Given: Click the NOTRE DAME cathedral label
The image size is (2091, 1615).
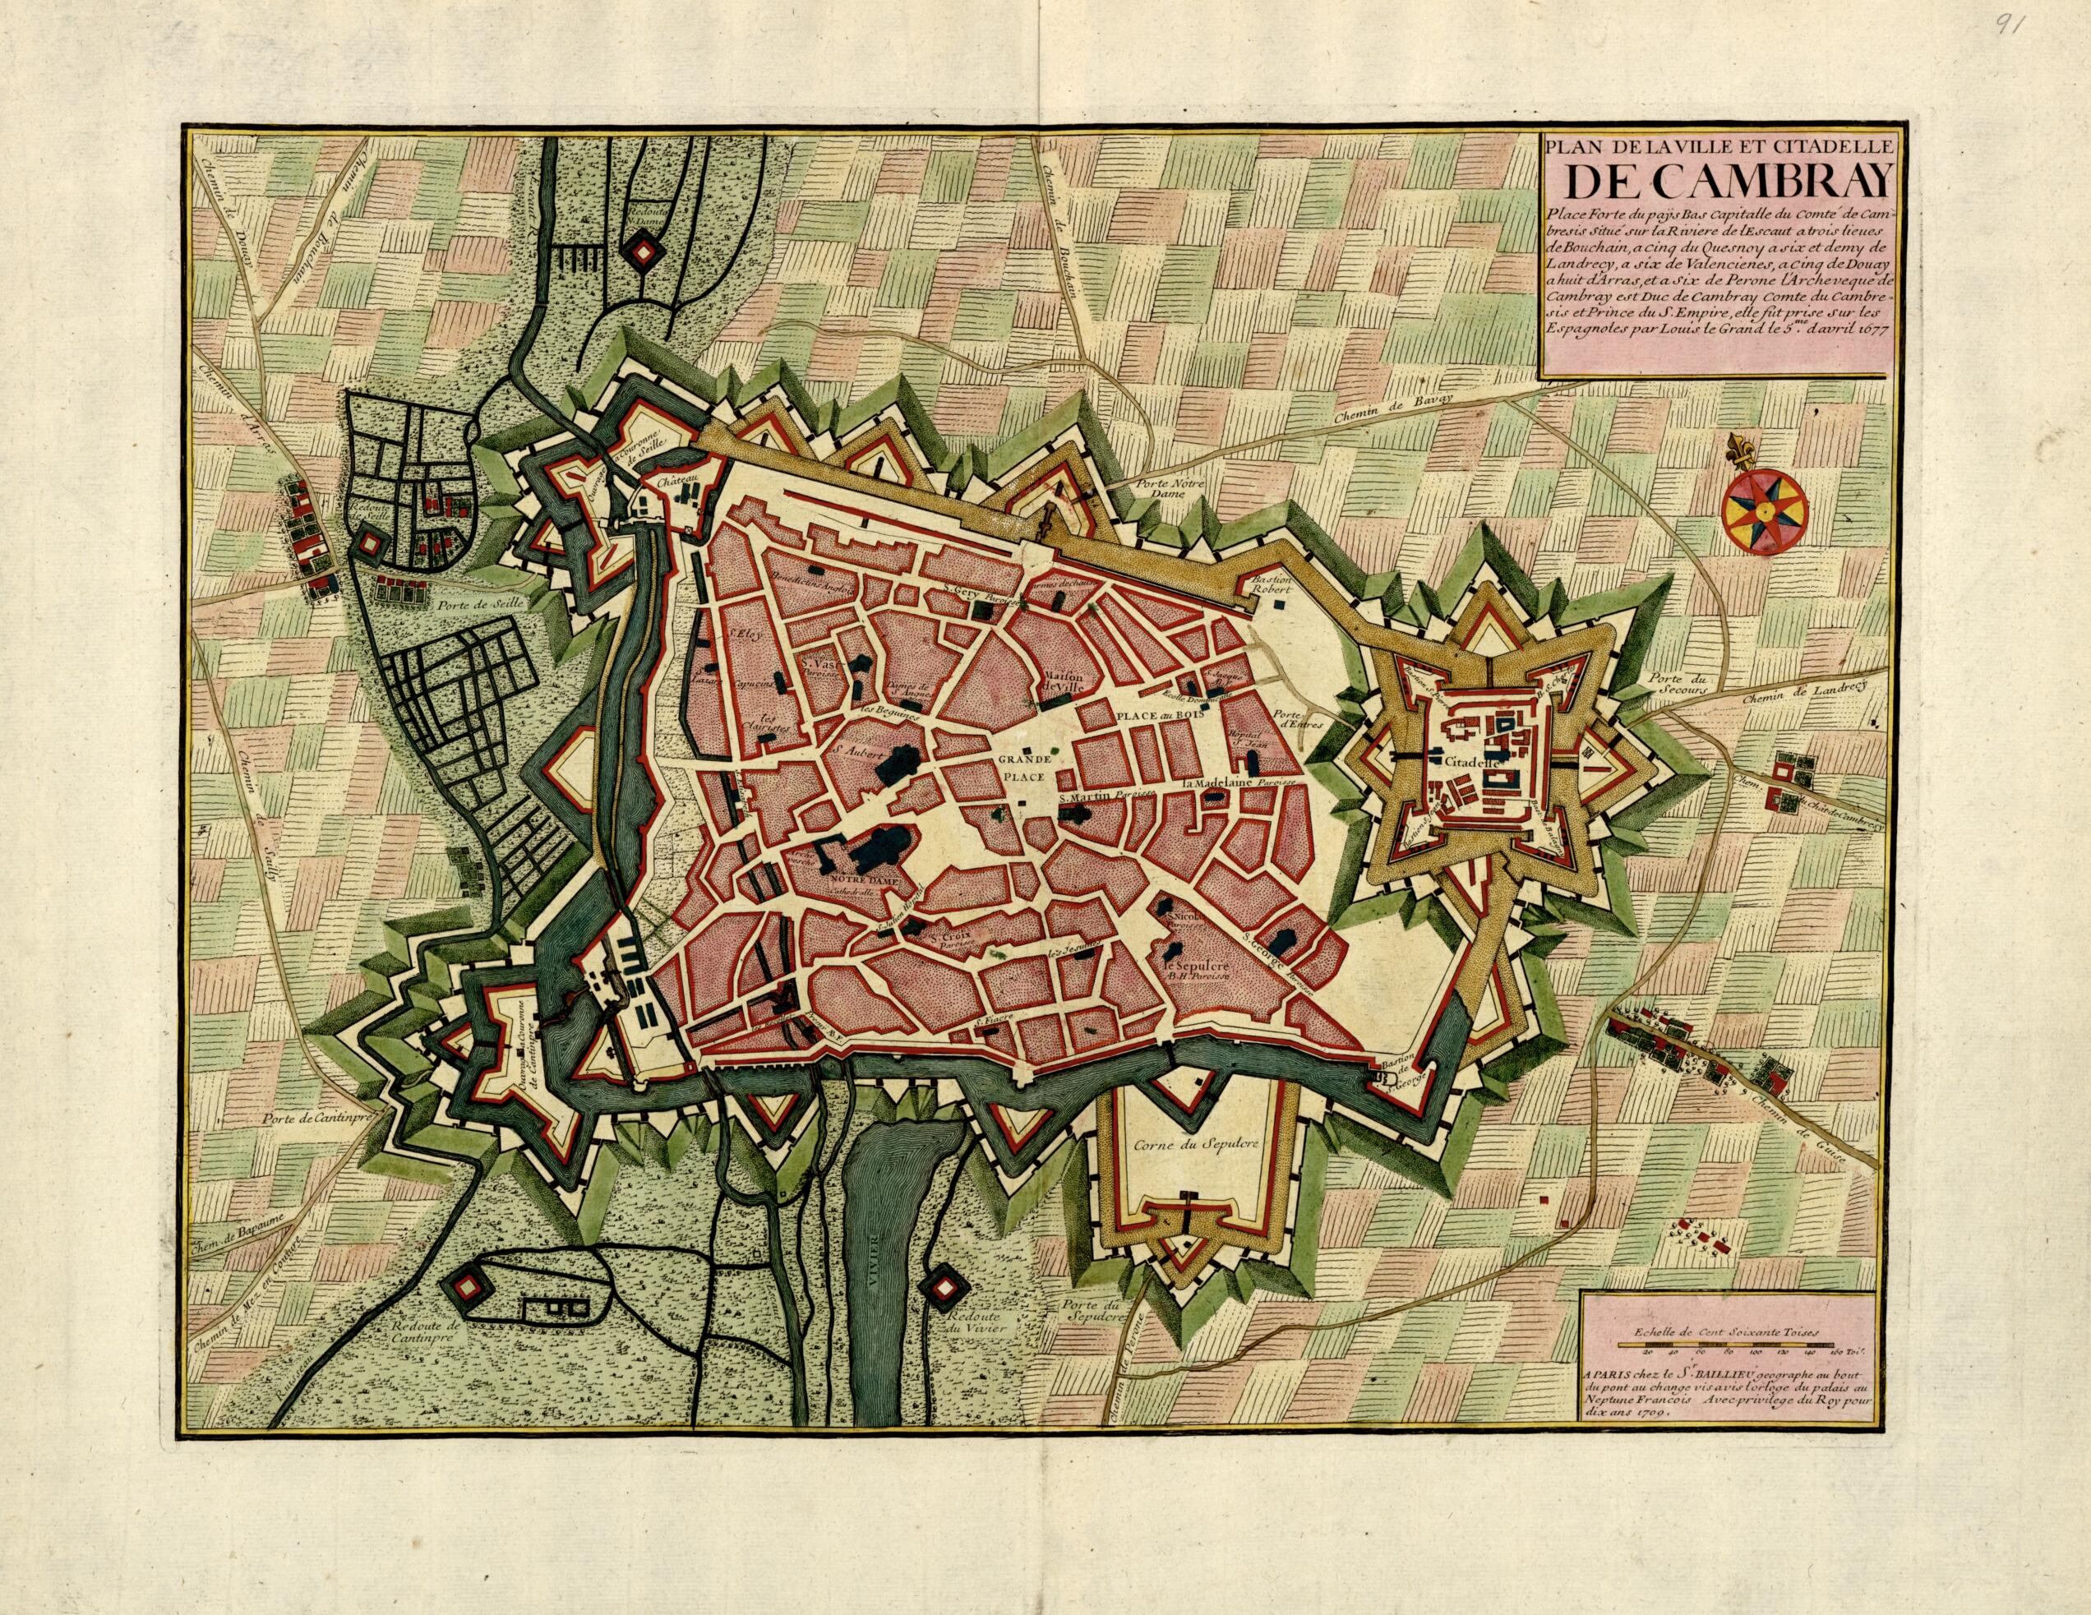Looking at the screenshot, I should pyautogui.click(x=859, y=878).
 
